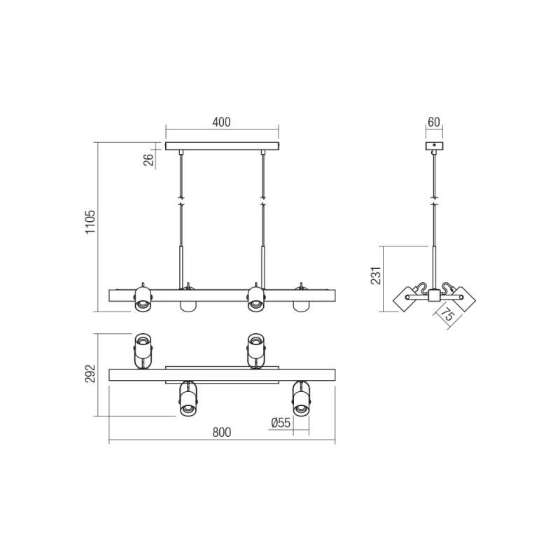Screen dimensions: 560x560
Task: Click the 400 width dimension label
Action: (221, 122)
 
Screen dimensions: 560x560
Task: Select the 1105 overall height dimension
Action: (90, 223)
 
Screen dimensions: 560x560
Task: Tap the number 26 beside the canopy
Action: (148, 160)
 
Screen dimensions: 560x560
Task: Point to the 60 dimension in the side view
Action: (433, 122)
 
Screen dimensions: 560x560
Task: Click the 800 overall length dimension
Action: (221, 433)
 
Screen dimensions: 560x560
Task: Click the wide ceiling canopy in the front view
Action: (222, 146)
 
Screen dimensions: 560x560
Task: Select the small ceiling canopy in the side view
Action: (434, 146)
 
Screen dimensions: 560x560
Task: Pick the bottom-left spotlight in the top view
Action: (187, 400)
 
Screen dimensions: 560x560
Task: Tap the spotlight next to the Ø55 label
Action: (301, 400)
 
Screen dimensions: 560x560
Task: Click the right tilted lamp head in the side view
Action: (461, 298)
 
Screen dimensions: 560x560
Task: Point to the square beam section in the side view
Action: (434, 297)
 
